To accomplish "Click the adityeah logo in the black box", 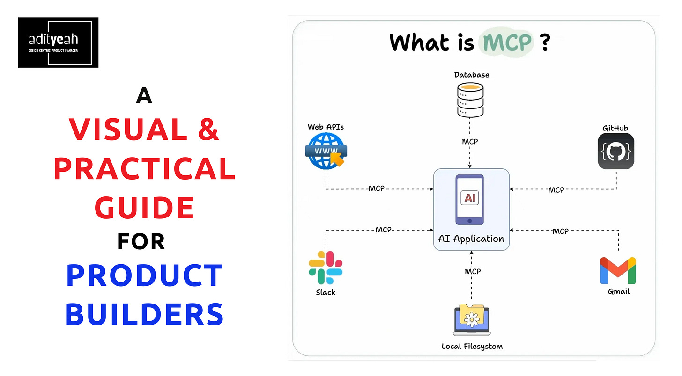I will pos(58,43).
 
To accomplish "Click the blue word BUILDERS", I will pos(144,314).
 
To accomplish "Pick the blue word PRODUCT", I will pos(144,276).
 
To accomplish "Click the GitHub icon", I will pos(615,151).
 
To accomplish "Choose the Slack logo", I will pos(326,268).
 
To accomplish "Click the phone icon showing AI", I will pos(470,199).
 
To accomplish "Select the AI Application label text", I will pos(471,239).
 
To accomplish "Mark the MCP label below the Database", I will pos(470,141).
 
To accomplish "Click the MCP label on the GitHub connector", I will pos(556,190).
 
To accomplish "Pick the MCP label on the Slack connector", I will pos(383,230).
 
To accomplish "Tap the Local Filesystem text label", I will pos(472,347).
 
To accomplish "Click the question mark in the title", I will pos(544,42).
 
